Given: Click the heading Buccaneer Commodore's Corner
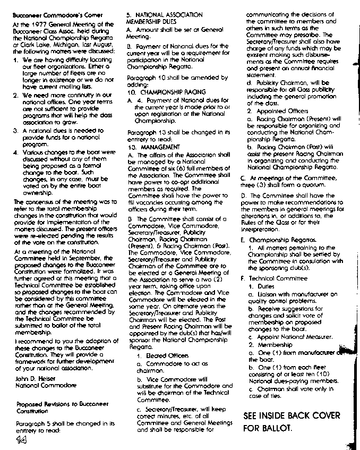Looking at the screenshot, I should pos(50,16).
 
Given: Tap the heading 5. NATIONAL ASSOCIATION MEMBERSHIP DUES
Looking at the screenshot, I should pos(164,19).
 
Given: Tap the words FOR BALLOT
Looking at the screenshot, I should pos(268,428).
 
